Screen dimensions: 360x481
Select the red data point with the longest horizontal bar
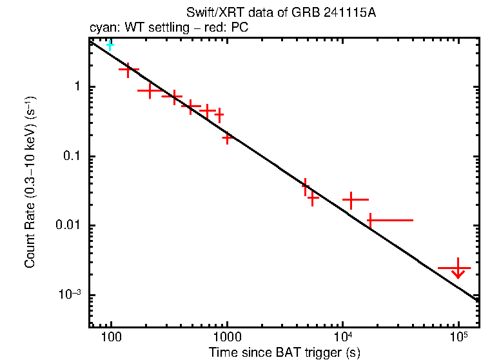click(x=371, y=220)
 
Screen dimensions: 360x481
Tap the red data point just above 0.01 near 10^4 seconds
click(x=351, y=200)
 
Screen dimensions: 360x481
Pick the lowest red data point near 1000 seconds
click(x=227, y=137)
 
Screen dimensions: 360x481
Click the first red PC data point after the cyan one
click(x=128, y=70)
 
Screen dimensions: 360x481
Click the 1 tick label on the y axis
click(x=76, y=87)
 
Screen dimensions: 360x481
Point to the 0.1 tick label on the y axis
click(x=71, y=157)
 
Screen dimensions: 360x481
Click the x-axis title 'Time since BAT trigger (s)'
click(x=284, y=352)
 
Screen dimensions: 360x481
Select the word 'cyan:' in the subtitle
click(x=102, y=28)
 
